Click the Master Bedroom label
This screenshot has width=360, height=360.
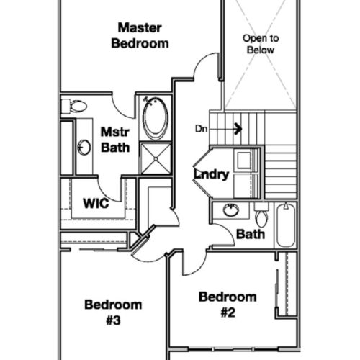click(140, 35)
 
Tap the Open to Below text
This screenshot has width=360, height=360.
click(261, 44)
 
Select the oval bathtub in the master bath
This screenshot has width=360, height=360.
click(156, 118)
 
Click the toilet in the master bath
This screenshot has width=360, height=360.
click(74, 106)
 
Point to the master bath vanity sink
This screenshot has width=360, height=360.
click(84, 148)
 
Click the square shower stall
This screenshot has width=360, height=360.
click(156, 158)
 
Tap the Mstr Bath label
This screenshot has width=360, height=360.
click(115, 140)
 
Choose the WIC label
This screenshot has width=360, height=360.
click(96, 203)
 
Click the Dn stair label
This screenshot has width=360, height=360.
click(201, 129)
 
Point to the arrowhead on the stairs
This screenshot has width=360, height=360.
click(238, 129)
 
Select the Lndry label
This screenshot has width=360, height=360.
click(212, 174)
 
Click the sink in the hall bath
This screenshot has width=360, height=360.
click(231, 210)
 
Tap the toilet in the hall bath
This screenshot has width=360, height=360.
click(261, 215)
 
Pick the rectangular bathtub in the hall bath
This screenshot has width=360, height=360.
click(286, 225)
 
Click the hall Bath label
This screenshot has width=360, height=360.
click(251, 234)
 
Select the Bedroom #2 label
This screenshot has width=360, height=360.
click(228, 305)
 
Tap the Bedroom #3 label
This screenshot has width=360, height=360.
click(113, 312)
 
